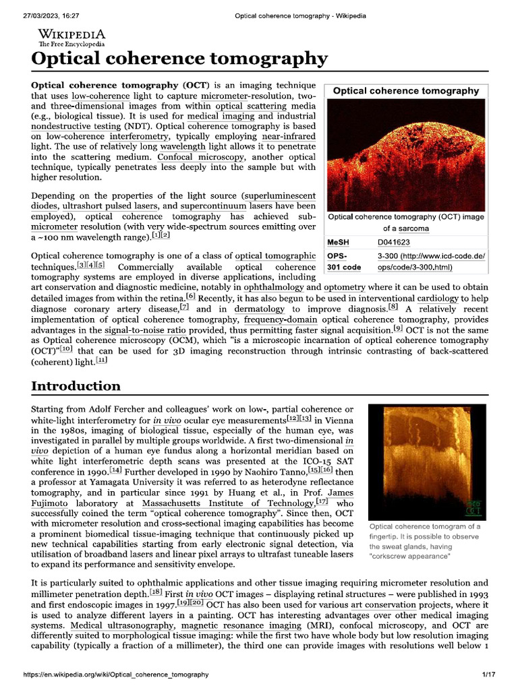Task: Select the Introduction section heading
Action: (76, 386)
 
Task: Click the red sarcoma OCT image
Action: (405, 155)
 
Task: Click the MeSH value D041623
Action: (394, 243)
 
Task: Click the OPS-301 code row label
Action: (344, 261)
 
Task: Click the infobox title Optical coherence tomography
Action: (405, 91)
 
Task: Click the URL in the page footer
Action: (115, 675)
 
